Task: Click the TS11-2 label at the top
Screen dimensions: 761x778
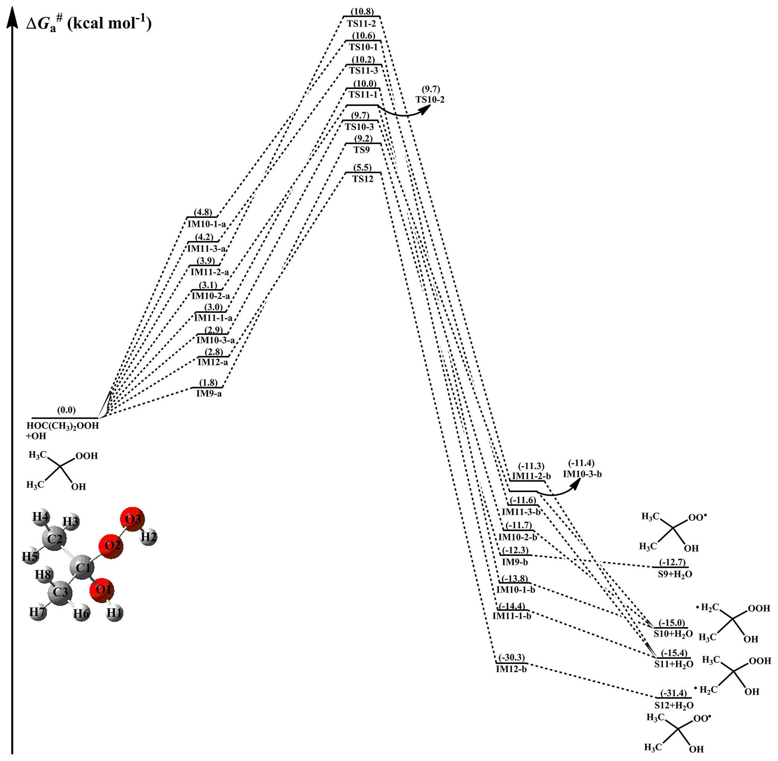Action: coord(362,24)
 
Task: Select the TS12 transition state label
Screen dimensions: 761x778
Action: coord(362,179)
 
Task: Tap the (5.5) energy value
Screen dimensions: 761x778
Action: coord(362,168)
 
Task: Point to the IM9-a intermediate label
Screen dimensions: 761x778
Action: coord(209,394)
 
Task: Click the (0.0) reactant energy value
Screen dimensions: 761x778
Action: coord(66,410)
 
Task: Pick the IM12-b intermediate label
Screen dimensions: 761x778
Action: coord(511,669)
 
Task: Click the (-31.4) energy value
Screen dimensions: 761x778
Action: coord(673,693)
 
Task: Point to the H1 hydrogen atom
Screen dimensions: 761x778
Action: coord(115,613)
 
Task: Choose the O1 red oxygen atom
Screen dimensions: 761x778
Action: coord(103,590)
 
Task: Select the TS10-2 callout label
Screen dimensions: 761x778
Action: coord(430,99)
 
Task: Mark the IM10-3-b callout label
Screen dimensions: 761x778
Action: coord(582,474)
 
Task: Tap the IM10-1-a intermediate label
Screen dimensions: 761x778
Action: coord(207,224)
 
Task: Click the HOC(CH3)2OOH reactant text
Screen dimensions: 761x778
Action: coord(62,425)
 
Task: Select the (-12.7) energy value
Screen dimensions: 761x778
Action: coord(672,562)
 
